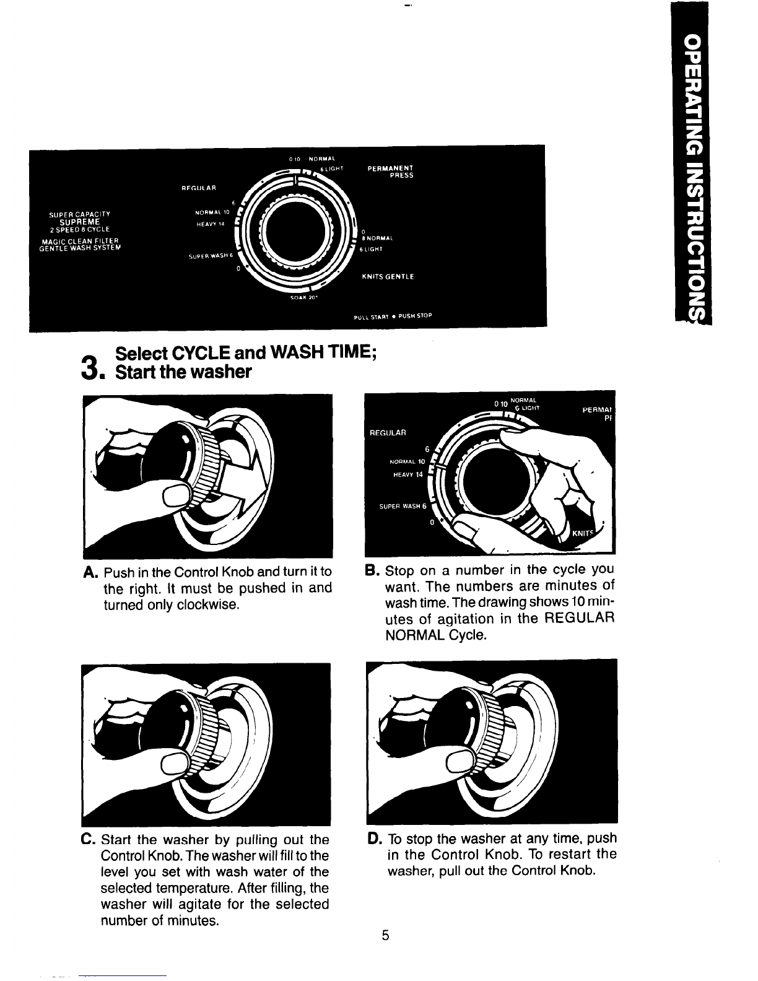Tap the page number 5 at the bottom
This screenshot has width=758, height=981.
coord(385,935)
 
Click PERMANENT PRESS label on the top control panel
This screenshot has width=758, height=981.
coord(391,170)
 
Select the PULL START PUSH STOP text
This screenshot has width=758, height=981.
coord(392,316)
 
